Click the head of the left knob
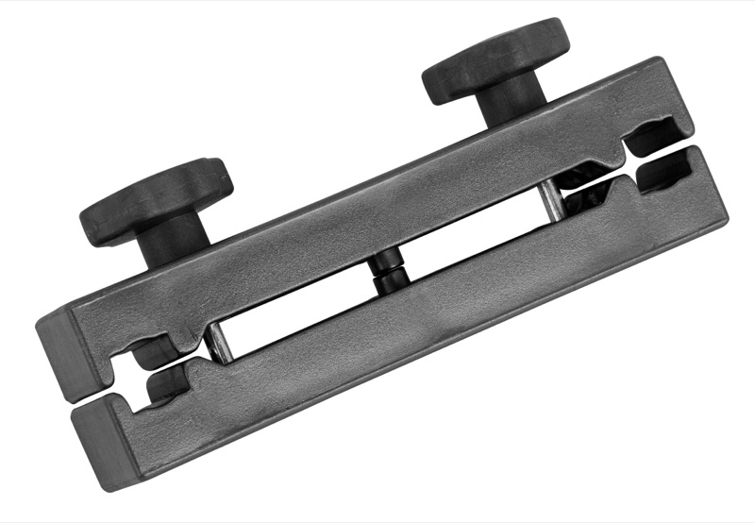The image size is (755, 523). (x=156, y=196)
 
